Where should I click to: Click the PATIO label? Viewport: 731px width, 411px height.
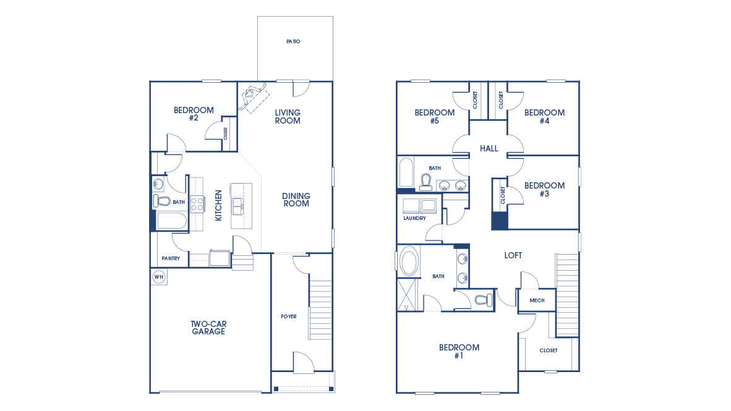click(x=293, y=41)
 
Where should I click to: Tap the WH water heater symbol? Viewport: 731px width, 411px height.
click(x=158, y=277)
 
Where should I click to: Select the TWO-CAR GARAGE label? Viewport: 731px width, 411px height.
click(x=208, y=328)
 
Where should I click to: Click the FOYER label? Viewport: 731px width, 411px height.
click(x=289, y=316)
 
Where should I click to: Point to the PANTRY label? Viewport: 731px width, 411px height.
click(x=171, y=258)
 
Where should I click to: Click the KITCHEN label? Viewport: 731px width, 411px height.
click(x=218, y=206)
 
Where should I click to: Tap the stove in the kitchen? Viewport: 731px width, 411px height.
click(x=197, y=203)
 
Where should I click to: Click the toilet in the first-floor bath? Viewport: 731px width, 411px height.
click(x=161, y=201)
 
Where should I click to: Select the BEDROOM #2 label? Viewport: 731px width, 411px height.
click(x=194, y=114)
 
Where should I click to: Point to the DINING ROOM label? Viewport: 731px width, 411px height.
click(x=296, y=200)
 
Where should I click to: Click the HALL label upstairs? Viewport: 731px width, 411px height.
click(x=489, y=148)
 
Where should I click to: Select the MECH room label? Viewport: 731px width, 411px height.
click(x=537, y=300)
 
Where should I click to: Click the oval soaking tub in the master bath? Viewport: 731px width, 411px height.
click(x=409, y=261)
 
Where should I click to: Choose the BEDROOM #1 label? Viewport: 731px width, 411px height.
click(x=459, y=351)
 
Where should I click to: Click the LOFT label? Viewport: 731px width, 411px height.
click(x=513, y=255)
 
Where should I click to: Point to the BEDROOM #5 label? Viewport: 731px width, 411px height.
click(x=434, y=116)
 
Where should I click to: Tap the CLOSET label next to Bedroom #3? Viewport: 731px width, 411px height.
click(x=503, y=195)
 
